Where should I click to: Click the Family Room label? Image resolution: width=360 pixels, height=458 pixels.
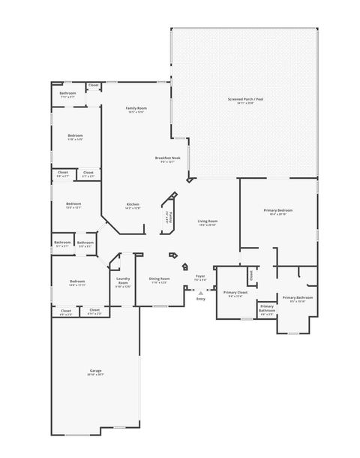(x=136, y=109)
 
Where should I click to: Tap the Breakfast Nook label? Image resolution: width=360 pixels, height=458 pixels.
(x=167, y=158)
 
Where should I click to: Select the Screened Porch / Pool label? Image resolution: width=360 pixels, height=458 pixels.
(x=245, y=99)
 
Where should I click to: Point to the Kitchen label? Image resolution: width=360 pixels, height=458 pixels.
(x=133, y=205)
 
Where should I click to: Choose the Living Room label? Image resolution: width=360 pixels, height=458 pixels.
(x=208, y=221)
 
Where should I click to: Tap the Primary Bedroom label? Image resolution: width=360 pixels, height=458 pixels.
(x=278, y=211)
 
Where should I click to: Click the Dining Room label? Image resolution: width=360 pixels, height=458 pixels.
(x=159, y=279)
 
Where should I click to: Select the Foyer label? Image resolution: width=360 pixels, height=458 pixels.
(x=200, y=276)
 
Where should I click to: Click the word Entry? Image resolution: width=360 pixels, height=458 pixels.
(x=200, y=300)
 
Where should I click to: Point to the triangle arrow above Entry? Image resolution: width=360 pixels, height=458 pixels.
(x=200, y=293)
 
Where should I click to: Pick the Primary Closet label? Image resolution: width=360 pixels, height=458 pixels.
(x=235, y=292)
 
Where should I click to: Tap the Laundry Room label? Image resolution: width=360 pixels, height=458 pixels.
(x=123, y=282)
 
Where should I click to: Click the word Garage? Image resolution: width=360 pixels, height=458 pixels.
(x=95, y=371)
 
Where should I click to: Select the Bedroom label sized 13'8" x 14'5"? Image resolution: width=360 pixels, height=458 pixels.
(x=75, y=136)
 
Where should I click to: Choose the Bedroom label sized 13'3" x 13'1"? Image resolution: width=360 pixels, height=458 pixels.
(x=73, y=204)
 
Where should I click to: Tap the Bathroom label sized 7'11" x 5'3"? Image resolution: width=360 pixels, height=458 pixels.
(x=67, y=94)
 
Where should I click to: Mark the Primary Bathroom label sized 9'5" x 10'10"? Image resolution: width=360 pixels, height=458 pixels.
(x=297, y=298)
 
